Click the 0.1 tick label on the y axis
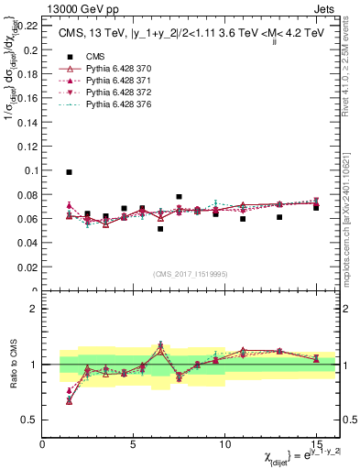click(x=28, y=170)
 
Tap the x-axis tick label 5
click(x=135, y=444)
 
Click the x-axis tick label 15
click(x=315, y=444)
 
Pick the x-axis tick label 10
click(x=224, y=444)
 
